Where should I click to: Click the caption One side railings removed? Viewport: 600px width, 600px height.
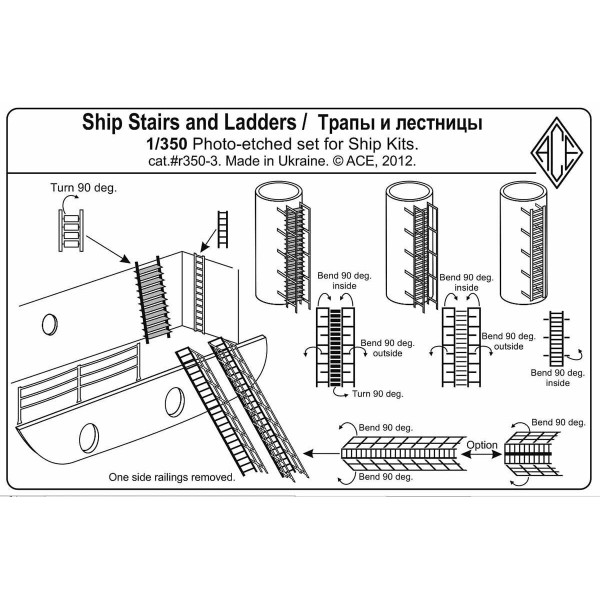172,478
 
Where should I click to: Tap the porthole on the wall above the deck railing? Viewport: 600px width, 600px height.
47,323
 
